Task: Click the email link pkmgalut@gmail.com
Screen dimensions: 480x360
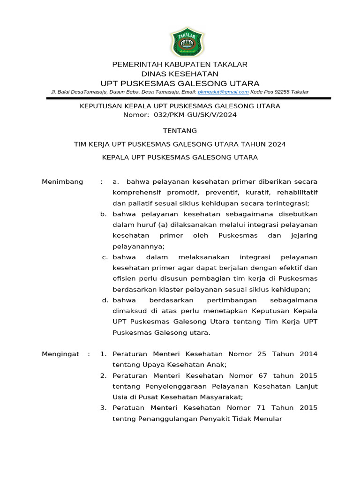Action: coord(223,92)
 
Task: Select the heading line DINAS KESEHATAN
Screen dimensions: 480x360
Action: coord(180,74)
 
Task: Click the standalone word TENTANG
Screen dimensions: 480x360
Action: coord(180,130)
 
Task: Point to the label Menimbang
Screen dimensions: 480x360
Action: coord(62,181)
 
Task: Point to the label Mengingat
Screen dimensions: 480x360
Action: coord(60,354)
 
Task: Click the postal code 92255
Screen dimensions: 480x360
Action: coord(282,92)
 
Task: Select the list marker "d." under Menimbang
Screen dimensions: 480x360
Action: coord(105,300)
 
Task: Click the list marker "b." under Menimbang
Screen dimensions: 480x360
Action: coord(104,214)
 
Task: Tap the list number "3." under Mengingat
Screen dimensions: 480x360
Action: coord(104,408)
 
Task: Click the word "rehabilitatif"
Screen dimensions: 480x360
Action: coord(297,192)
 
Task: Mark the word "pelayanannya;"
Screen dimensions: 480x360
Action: coord(139,246)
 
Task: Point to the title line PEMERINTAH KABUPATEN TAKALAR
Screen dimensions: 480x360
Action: coord(180,64)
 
